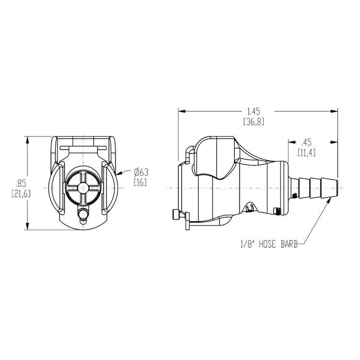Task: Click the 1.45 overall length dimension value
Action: point(258,111)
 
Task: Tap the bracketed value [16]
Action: point(140,183)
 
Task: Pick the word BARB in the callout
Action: point(289,245)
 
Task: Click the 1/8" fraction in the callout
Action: point(249,245)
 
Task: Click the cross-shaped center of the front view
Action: point(83,188)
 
